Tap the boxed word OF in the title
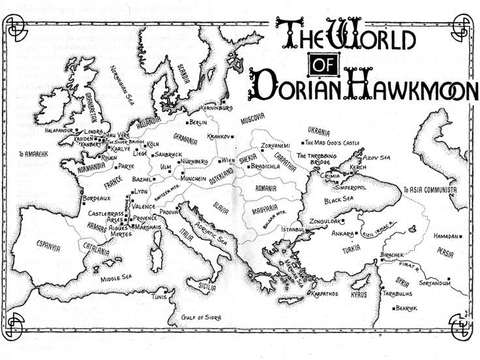click(x=326, y=65)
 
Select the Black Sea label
click(x=339, y=200)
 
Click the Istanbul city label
click(x=292, y=230)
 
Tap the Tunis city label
click(x=158, y=296)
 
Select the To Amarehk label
click(x=33, y=155)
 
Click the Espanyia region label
click(x=48, y=247)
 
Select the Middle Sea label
click(x=115, y=278)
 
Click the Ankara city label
click(x=342, y=233)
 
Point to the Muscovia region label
click(x=253, y=119)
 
